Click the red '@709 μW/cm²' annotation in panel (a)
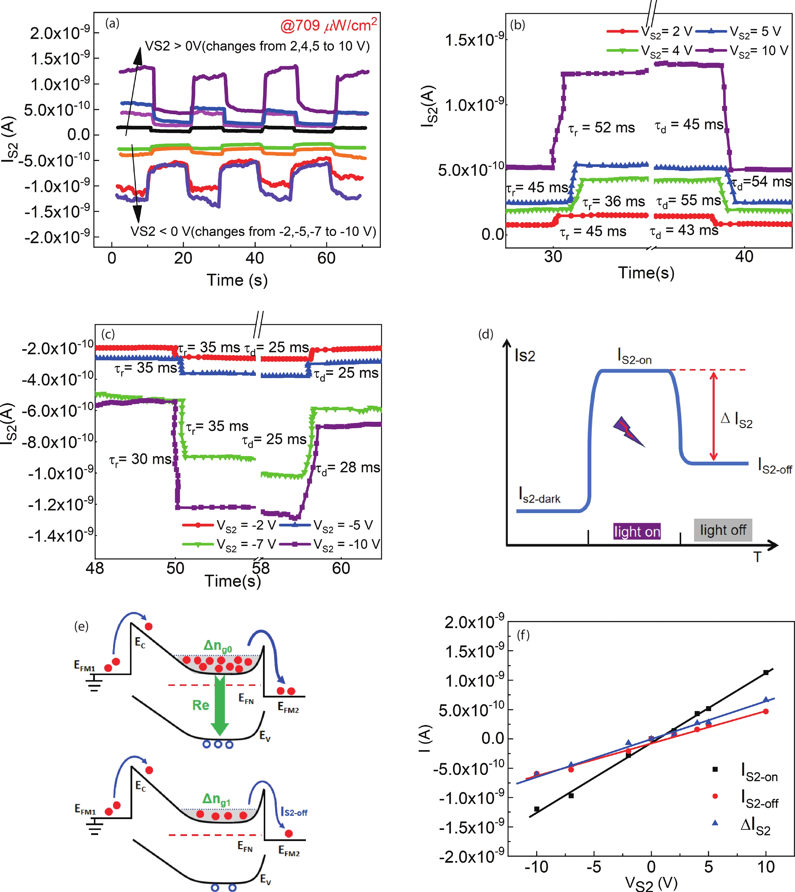(x=329, y=25)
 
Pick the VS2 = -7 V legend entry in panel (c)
(x=229, y=544)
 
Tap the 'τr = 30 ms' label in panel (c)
(x=140, y=459)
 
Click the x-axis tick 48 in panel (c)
(x=95, y=568)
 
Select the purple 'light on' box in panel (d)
(x=637, y=531)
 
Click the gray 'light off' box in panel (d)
(x=723, y=530)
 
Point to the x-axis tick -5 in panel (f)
(x=594, y=867)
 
